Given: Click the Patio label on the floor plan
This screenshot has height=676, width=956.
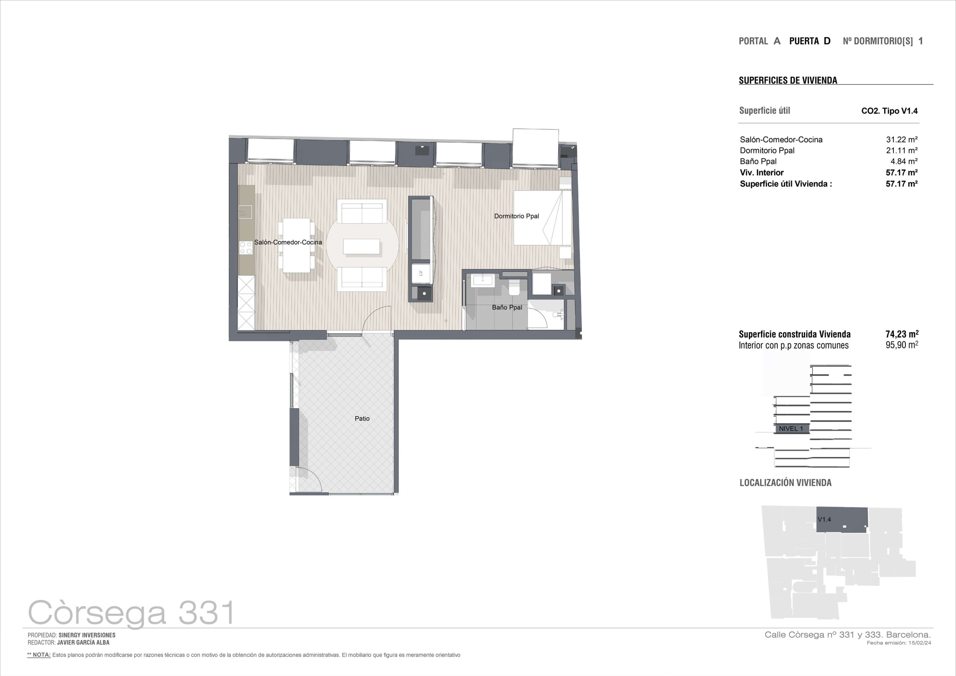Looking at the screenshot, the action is pyautogui.click(x=362, y=419).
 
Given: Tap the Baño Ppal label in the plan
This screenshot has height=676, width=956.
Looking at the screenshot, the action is pyautogui.click(x=507, y=307).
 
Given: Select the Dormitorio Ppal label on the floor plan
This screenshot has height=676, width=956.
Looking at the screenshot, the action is pyautogui.click(x=516, y=216).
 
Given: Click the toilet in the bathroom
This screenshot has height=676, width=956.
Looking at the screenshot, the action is pyautogui.click(x=514, y=288).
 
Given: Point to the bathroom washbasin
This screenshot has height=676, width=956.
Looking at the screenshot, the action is pyautogui.click(x=483, y=280).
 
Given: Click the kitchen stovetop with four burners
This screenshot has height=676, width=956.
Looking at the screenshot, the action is pyautogui.click(x=246, y=248).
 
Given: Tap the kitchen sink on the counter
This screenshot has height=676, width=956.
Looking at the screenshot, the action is pyautogui.click(x=245, y=212).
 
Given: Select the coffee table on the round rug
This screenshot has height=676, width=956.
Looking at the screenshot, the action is pyautogui.click(x=361, y=246).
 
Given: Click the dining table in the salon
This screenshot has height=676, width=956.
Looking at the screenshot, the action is pyautogui.click(x=296, y=245).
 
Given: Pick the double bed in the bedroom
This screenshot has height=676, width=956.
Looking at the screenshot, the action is pyautogui.click(x=542, y=218).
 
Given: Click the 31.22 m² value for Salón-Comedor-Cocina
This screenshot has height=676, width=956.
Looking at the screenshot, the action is pyautogui.click(x=901, y=139).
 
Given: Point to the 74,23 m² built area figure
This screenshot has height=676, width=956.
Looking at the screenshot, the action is pyautogui.click(x=902, y=334).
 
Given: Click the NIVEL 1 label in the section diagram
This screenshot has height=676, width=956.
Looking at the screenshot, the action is pyautogui.click(x=791, y=429).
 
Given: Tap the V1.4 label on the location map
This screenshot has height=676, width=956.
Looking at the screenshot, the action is pyautogui.click(x=824, y=519).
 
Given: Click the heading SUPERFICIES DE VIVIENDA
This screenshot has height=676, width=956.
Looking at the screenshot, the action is pyautogui.click(x=788, y=80).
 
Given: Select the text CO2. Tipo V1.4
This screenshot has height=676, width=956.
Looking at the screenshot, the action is pyautogui.click(x=889, y=111).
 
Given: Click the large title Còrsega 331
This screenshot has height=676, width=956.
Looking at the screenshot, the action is pyautogui.click(x=132, y=613).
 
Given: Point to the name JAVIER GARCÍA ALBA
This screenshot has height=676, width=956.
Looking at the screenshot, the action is pyautogui.click(x=83, y=643).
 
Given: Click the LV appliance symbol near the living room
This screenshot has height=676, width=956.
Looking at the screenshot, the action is pyautogui.click(x=420, y=274).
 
